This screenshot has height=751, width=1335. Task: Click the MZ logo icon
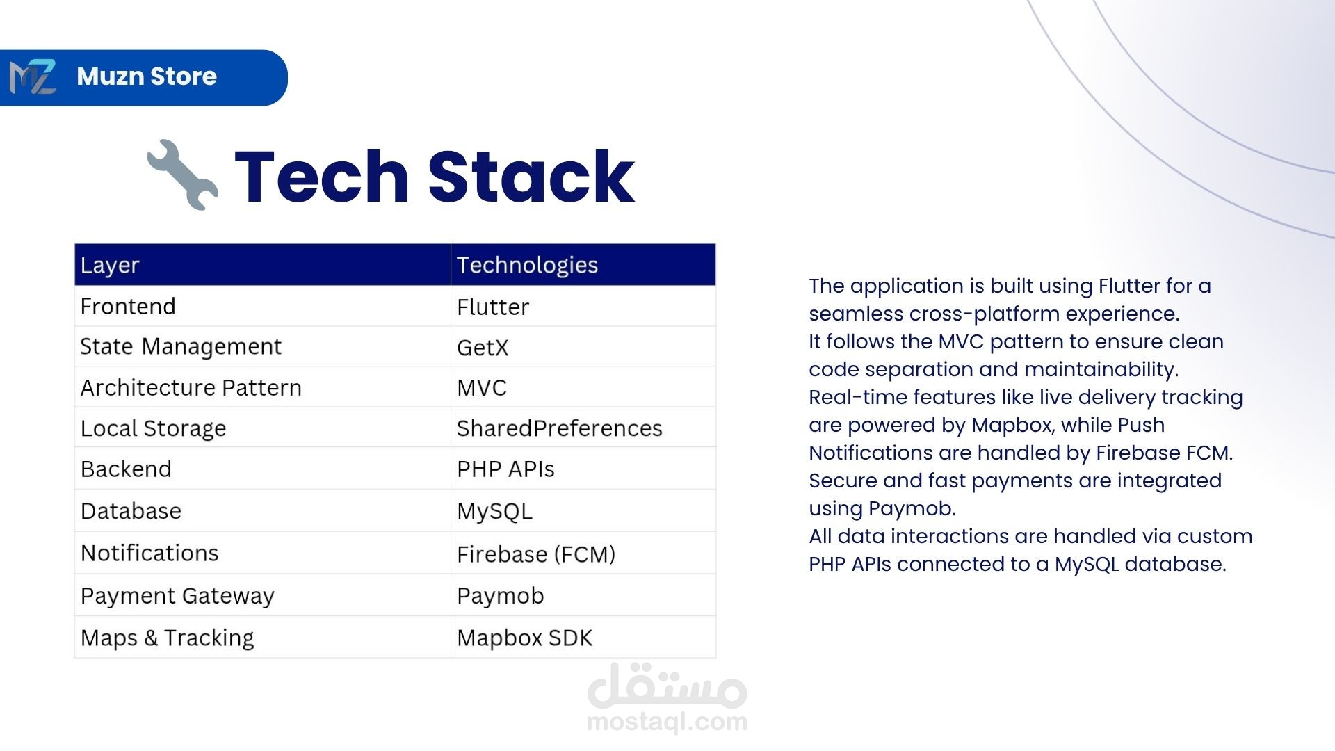33,77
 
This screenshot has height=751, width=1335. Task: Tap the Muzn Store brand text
147,76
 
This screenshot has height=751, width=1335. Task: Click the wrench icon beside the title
183,175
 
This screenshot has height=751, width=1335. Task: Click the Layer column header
110,265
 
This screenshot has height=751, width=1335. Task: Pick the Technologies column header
527,265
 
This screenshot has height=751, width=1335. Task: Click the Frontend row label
128,306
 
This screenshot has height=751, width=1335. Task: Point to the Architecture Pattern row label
191,387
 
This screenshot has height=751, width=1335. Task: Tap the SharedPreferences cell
560,428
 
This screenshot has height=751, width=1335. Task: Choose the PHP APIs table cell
505,469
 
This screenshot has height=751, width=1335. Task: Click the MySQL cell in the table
494,512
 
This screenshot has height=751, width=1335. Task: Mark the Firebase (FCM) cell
536,554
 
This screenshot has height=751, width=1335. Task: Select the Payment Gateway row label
177,596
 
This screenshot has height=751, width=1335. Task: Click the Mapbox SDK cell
525,638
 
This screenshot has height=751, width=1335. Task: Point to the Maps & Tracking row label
168,638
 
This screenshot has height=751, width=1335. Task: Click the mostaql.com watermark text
667,722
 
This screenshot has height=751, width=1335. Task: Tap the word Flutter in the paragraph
1129,286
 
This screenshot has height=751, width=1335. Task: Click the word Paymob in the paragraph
912,509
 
